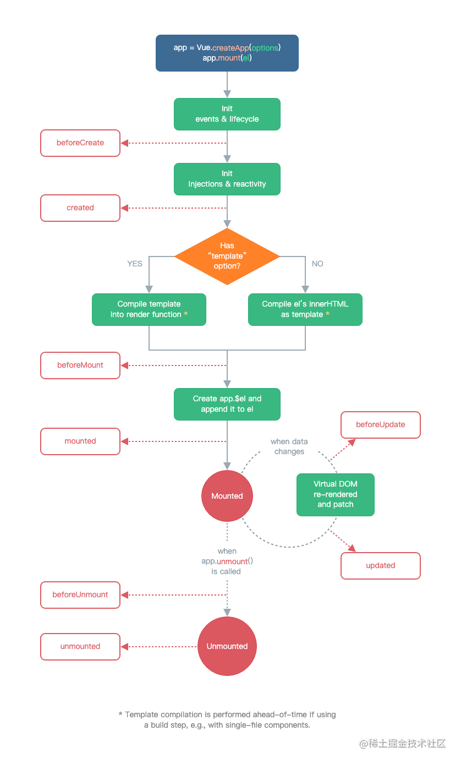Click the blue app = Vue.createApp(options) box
coord(227,53)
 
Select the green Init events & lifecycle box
coord(227,114)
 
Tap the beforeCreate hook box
coord(80,143)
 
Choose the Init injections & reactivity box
coord(227,179)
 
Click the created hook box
coord(80,208)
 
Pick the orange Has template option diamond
coord(227,257)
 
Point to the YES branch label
coord(135,264)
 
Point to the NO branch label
coord(317,264)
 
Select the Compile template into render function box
coord(149,309)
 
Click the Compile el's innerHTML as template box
coord(305,309)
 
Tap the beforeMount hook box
coord(80,365)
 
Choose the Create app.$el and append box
coord(227,404)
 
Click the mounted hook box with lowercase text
coord(80,441)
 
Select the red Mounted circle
coord(227,496)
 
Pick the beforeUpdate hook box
coord(381,425)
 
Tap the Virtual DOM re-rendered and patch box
coord(335,494)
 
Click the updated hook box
coord(381,566)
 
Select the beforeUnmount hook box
coord(80,595)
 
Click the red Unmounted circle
coord(227,646)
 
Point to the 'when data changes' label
coord(289,446)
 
